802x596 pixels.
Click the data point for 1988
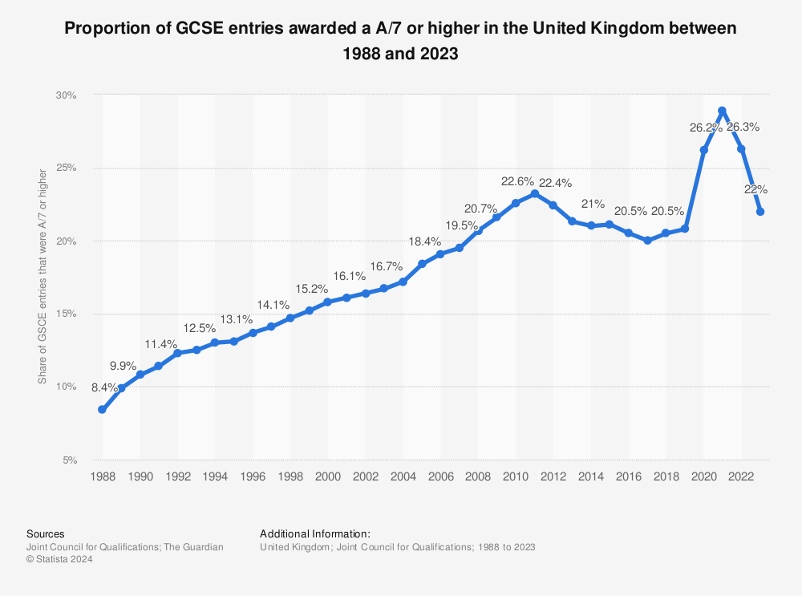[102, 409]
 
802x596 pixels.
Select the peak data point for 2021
[722, 111]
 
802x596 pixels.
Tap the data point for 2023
[759, 212]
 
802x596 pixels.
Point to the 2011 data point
[534, 194]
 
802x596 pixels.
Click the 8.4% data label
[105, 387]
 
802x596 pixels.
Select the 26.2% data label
[704, 127]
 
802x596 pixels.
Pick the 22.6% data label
[515, 181]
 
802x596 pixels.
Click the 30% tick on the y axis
[66, 95]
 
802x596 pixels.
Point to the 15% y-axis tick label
[66, 314]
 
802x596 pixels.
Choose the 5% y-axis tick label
[68, 460]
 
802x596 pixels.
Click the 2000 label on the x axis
[327, 476]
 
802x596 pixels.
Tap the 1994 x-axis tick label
[215, 476]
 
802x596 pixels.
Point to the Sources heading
[46, 533]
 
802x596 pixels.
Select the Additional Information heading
[315, 533]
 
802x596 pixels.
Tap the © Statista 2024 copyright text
[60, 560]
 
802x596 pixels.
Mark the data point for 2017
[647, 240]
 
